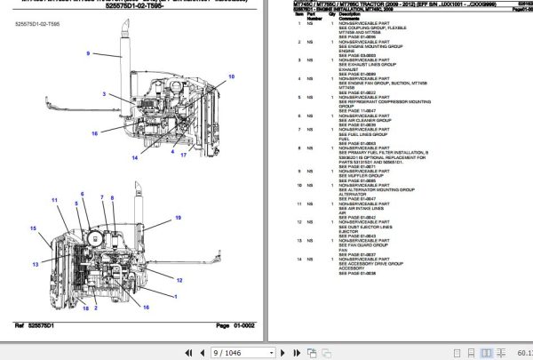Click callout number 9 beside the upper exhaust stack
(88, 55)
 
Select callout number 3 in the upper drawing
(104, 93)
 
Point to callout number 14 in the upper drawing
(135, 157)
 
